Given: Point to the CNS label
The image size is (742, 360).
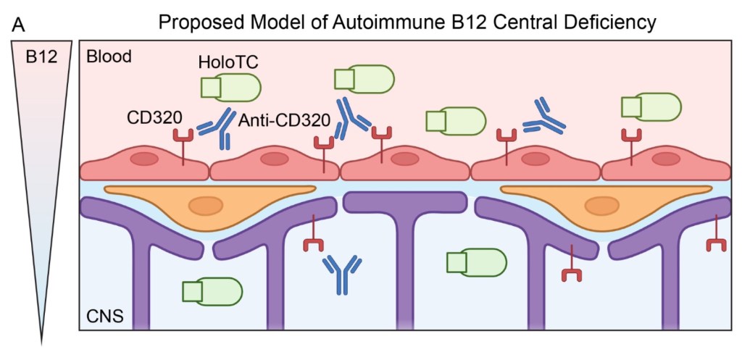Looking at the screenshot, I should pos(104,316).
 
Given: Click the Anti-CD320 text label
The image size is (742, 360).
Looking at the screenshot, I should pos(284,121).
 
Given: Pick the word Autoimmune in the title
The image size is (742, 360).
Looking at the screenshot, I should pos(376,22).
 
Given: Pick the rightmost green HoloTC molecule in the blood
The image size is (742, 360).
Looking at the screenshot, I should pos(651,106).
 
